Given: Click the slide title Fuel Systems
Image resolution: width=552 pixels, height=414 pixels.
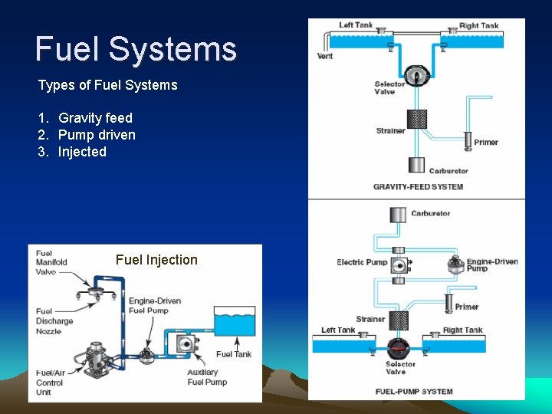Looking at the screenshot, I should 136,49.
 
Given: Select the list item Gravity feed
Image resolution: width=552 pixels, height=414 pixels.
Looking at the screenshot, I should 95,118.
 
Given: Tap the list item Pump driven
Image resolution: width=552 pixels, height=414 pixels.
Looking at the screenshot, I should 97,135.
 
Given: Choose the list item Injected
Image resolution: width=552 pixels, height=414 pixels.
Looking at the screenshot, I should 82,152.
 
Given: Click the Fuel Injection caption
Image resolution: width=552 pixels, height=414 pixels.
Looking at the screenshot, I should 156,260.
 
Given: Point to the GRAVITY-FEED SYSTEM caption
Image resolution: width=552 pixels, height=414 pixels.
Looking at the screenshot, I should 418,187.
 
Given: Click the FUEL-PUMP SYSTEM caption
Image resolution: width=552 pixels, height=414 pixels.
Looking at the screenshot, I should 414,392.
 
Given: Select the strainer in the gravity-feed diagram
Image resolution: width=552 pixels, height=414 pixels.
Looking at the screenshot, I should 417,119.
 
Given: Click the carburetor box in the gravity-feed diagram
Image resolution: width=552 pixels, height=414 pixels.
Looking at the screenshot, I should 416,164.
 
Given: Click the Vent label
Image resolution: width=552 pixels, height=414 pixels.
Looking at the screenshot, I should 325,56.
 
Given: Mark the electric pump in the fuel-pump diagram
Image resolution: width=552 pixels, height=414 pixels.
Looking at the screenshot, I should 399,264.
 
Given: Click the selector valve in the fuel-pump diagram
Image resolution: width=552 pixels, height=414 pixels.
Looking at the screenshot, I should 398,347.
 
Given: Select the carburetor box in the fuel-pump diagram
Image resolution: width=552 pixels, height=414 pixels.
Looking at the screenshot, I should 399,215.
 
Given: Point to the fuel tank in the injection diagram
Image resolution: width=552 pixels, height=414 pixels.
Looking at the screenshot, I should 234,324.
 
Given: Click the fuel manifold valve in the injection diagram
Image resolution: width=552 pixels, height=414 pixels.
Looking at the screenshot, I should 97,291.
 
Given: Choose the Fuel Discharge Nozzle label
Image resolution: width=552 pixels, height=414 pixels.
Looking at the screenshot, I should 54,321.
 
